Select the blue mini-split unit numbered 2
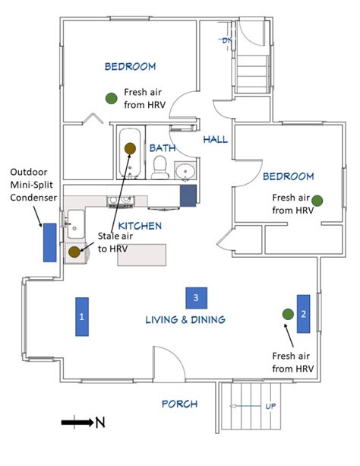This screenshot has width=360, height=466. click(x=303, y=313)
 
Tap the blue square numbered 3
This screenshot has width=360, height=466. click(x=196, y=296)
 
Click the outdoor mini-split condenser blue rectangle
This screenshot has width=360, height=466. click(x=49, y=243)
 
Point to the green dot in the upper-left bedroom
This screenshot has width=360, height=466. click(x=111, y=97)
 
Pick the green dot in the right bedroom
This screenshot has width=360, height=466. click(x=317, y=200)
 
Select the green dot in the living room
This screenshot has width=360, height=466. click(x=287, y=314)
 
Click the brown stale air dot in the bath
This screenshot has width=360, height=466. click(x=129, y=147)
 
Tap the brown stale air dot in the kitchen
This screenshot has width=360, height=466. click(x=74, y=252)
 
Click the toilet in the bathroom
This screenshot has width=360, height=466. click(x=159, y=168)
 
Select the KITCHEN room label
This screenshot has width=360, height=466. click(x=139, y=226)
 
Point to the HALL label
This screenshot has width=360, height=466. click(x=215, y=140)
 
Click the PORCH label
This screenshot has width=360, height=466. click(x=179, y=404)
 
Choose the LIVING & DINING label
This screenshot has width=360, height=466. click(x=185, y=320)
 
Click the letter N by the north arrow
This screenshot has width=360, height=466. click(x=100, y=422)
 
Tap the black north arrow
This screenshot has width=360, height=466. click(x=77, y=421)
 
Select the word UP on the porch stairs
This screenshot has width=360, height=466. click(x=270, y=406)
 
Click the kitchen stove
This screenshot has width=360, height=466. click(x=119, y=201)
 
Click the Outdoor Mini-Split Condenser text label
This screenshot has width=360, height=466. click(x=33, y=185)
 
